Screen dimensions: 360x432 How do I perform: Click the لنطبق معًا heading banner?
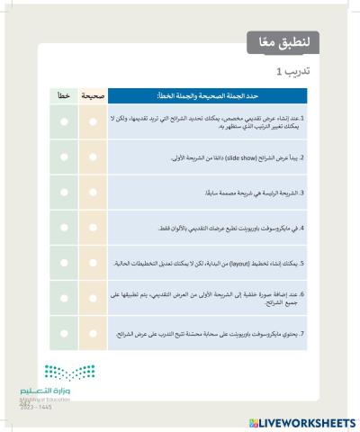[x=283, y=41]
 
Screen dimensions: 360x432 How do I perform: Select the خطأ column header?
[x=65, y=94]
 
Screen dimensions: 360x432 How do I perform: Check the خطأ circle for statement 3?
[x=65, y=193]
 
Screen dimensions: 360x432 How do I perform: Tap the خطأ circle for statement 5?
[x=65, y=264]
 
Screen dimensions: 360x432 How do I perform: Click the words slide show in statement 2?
[x=217, y=157]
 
